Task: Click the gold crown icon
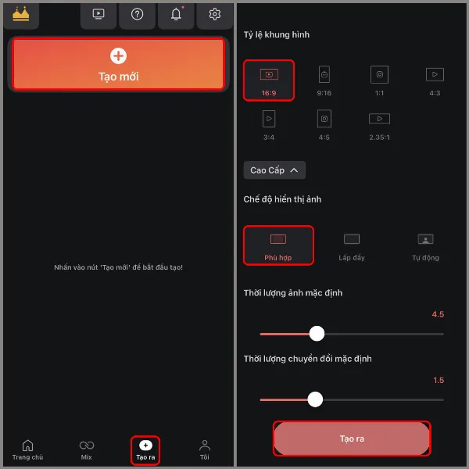(x=21, y=14)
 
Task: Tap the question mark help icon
(x=138, y=14)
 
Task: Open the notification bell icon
(x=176, y=14)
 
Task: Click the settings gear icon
(x=214, y=14)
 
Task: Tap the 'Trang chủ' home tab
(x=27, y=449)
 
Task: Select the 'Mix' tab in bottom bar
(x=87, y=449)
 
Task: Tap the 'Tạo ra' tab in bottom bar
(x=145, y=449)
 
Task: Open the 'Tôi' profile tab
(x=204, y=449)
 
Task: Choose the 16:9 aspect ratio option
(x=268, y=80)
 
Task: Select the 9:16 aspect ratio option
(x=324, y=80)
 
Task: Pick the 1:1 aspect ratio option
(x=380, y=80)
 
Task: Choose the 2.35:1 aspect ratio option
(x=379, y=124)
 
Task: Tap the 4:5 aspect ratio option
(x=324, y=124)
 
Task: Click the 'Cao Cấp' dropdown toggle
(x=274, y=170)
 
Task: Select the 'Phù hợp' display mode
(x=278, y=245)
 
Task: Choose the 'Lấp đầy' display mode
(x=352, y=245)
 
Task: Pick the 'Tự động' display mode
(x=425, y=245)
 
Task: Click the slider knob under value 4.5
(x=317, y=334)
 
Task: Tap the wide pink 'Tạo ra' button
(x=352, y=439)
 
